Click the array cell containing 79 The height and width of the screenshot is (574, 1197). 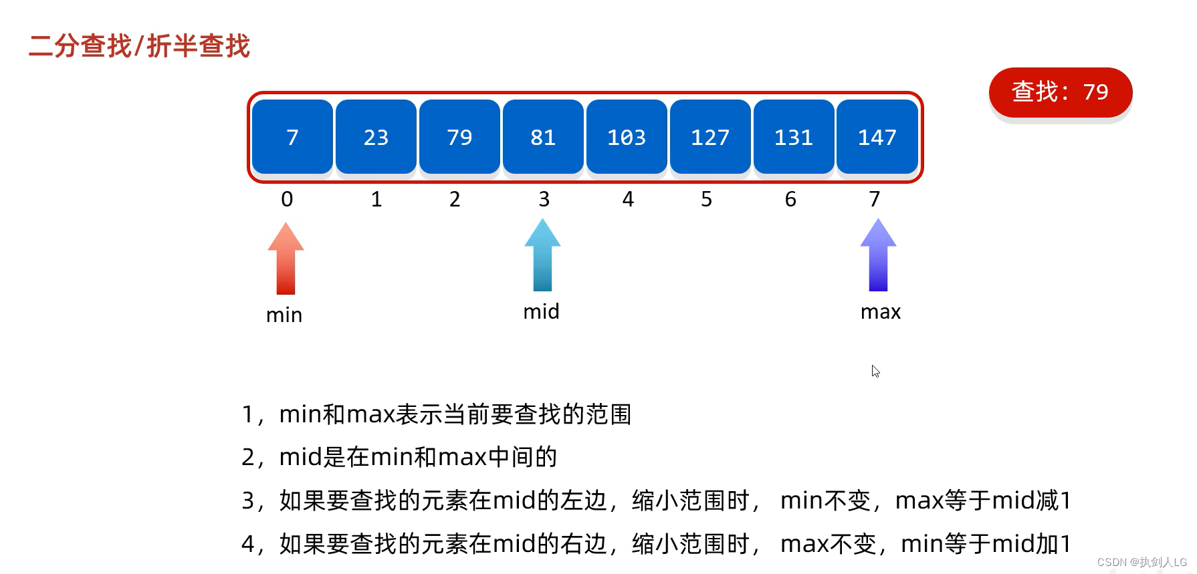tap(459, 137)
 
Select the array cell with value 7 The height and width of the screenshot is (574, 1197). tap(292, 137)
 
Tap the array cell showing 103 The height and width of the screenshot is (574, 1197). tap(627, 137)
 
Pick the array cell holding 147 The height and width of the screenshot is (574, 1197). tap(877, 137)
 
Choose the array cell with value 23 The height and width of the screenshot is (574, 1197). tap(376, 137)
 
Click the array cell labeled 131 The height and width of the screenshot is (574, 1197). tap(793, 137)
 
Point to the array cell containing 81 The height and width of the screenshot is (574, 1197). tap(543, 137)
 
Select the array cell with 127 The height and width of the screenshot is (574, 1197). tap(710, 137)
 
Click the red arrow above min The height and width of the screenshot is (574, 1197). tap(286, 259)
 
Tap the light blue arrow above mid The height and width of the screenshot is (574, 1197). tap(542, 255)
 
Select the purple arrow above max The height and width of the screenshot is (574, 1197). tap(878, 255)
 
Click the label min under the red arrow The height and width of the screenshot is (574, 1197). tap(284, 315)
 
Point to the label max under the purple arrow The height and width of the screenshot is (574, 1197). tap(880, 312)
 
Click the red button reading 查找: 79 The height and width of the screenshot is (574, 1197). tap(1060, 92)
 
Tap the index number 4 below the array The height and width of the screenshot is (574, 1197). tap(628, 199)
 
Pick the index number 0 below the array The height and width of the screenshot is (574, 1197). tap(287, 199)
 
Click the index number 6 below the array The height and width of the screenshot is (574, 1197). tap(790, 199)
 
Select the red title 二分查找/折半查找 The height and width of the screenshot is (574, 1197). tap(139, 46)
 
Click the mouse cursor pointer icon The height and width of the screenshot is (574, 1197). tap(875, 371)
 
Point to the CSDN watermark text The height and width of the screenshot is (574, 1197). tap(1141, 562)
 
